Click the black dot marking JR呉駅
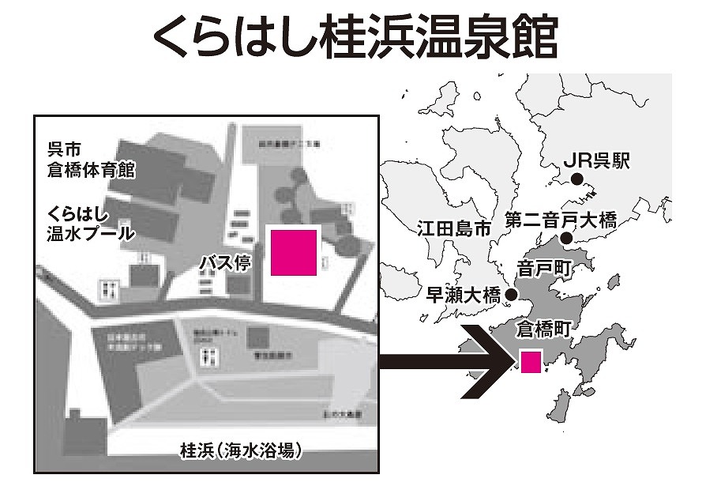(577, 180)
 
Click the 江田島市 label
(453, 229)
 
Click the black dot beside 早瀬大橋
(511, 295)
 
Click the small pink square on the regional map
(531, 361)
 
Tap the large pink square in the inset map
(294, 252)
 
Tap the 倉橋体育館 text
(91, 169)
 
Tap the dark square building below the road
(258, 339)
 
